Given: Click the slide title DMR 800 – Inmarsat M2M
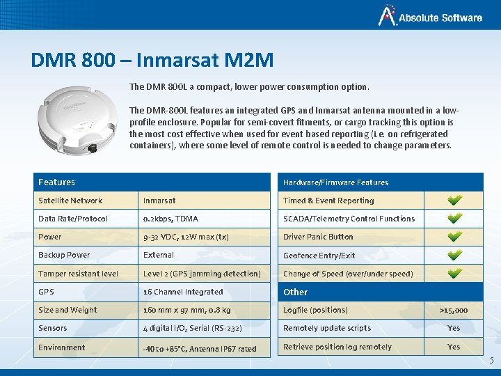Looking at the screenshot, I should click(x=152, y=60).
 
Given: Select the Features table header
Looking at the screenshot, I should click(x=57, y=182).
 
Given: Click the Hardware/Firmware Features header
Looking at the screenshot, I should click(x=335, y=182).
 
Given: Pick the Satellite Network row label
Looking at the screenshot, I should click(x=70, y=201).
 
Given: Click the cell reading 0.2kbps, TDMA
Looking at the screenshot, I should click(x=170, y=219).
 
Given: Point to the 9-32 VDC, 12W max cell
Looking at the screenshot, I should click(x=186, y=237).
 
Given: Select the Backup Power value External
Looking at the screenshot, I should click(x=159, y=255).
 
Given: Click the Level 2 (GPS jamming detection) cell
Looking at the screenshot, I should click(x=202, y=274).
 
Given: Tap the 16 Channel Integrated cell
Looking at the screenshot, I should click(x=183, y=292).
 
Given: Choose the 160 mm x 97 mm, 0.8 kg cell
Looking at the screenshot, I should click(x=186, y=310).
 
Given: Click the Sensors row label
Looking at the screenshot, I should click(x=53, y=328).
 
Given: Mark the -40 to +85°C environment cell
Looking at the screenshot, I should click(x=200, y=348).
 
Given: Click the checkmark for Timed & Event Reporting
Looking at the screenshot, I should click(x=454, y=201).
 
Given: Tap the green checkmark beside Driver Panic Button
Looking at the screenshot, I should click(x=454, y=237).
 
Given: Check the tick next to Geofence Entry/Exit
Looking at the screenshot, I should click(x=454, y=255).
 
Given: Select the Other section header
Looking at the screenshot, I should click(x=295, y=292).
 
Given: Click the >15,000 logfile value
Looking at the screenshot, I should click(x=454, y=311).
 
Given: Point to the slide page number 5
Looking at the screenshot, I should click(x=491, y=361).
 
